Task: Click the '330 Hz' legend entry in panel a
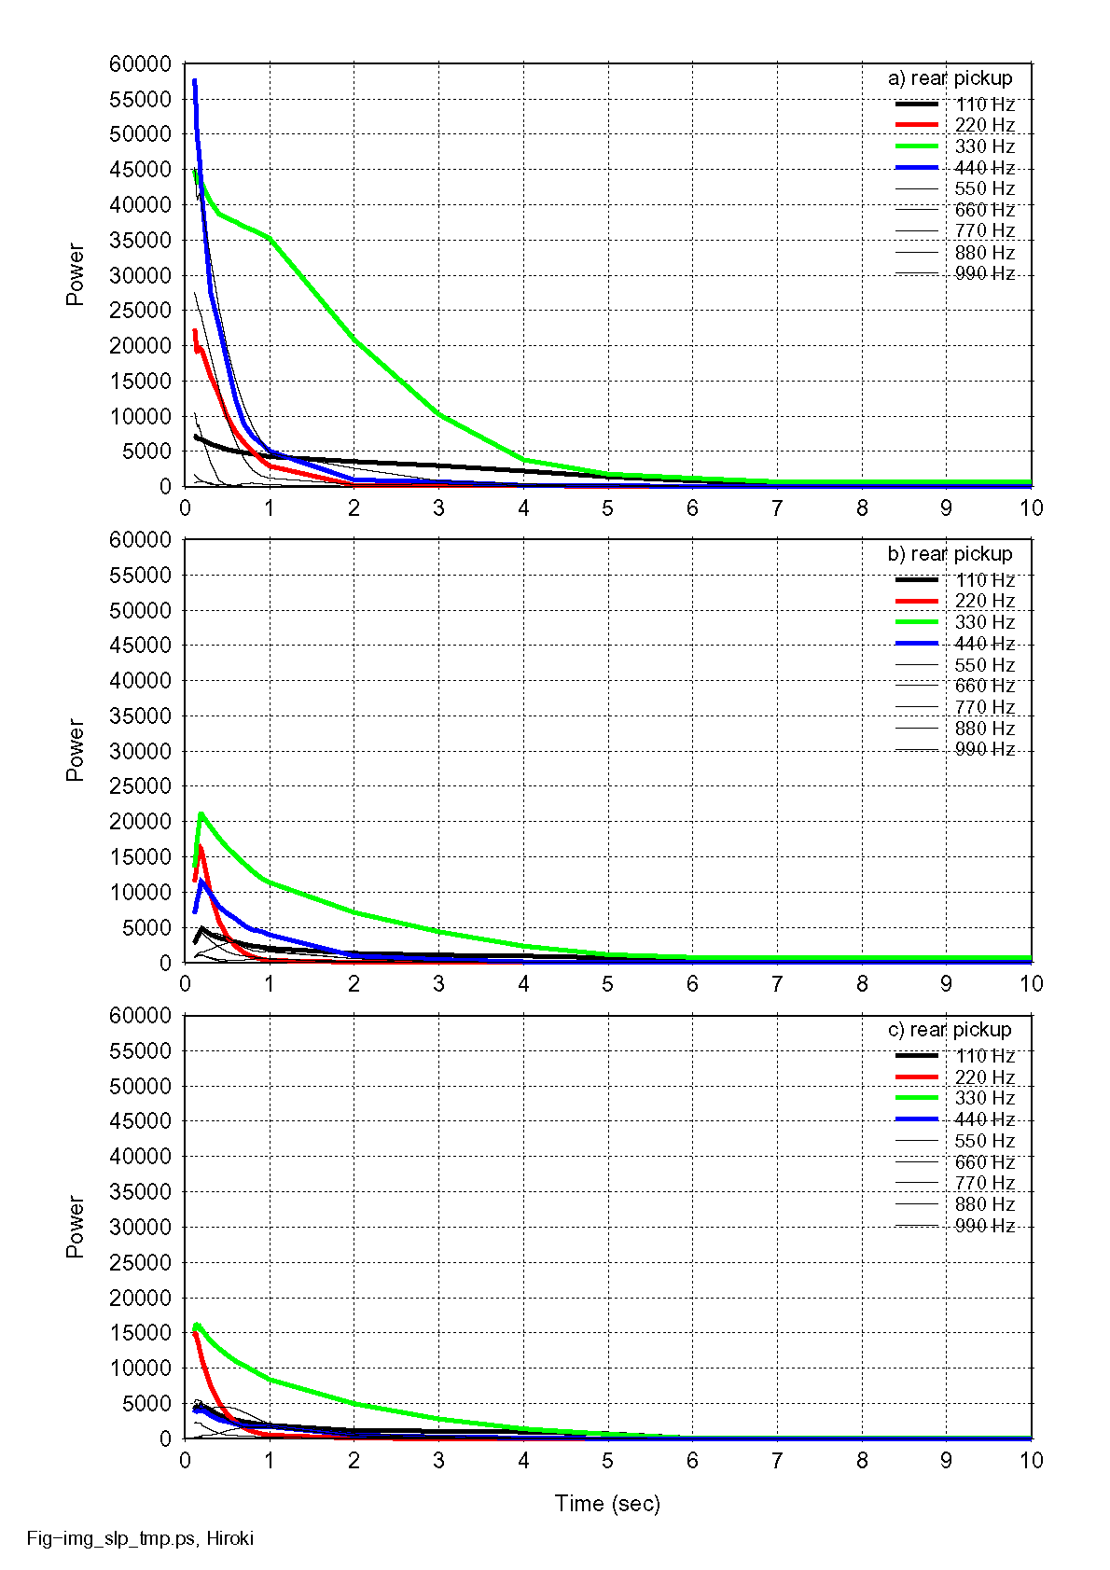click(x=984, y=146)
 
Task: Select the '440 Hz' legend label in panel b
click(x=984, y=644)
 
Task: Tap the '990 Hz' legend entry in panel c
click(x=984, y=1226)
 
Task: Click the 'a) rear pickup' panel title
click(x=950, y=78)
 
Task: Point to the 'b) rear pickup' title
click(x=950, y=554)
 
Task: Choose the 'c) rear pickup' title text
click(x=950, y=1030)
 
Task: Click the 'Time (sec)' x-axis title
click(x=607, y=1504)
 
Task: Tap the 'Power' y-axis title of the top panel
click(x=75, y=274)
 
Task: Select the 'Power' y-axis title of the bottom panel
click(x=75, y=1227)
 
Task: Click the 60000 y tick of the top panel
click(x=141, y=64)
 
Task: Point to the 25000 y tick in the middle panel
click(x=141, y=786)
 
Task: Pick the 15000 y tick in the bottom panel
click(x=141, y=1333)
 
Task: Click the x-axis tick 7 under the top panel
click(x=777, y=508)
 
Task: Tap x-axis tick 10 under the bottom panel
click(x=1031, y=1461)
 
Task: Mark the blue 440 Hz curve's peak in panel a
click(x=194, y=82)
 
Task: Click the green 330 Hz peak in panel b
click(x=201, y=814)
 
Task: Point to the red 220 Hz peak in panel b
click(x=201, y=848)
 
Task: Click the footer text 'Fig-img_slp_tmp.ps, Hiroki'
click(x=140, y=1538)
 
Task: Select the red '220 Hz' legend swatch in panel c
click(x=917, y=1077)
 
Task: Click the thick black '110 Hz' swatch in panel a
click(x=917, y=104)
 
